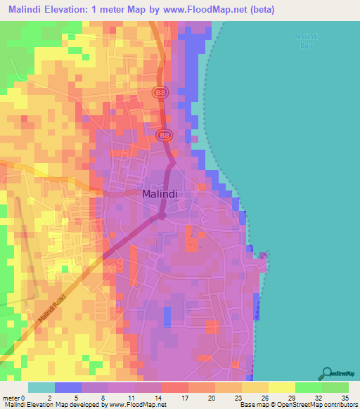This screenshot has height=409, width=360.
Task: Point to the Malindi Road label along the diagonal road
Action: pyautogui.click(x=51, y=309)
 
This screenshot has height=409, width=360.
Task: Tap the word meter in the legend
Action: pyautogui.click(x=12, y=397)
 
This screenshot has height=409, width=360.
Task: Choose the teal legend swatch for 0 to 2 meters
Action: pyautogui.click(x=41, y=387)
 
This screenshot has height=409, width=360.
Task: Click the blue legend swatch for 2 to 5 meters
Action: pyautogui.click(x=68, y=387)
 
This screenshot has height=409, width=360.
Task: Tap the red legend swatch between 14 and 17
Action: pyautogui.click(x=174, y=387)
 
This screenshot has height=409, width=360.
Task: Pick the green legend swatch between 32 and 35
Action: pyautogui.click(x=335, y=387)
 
